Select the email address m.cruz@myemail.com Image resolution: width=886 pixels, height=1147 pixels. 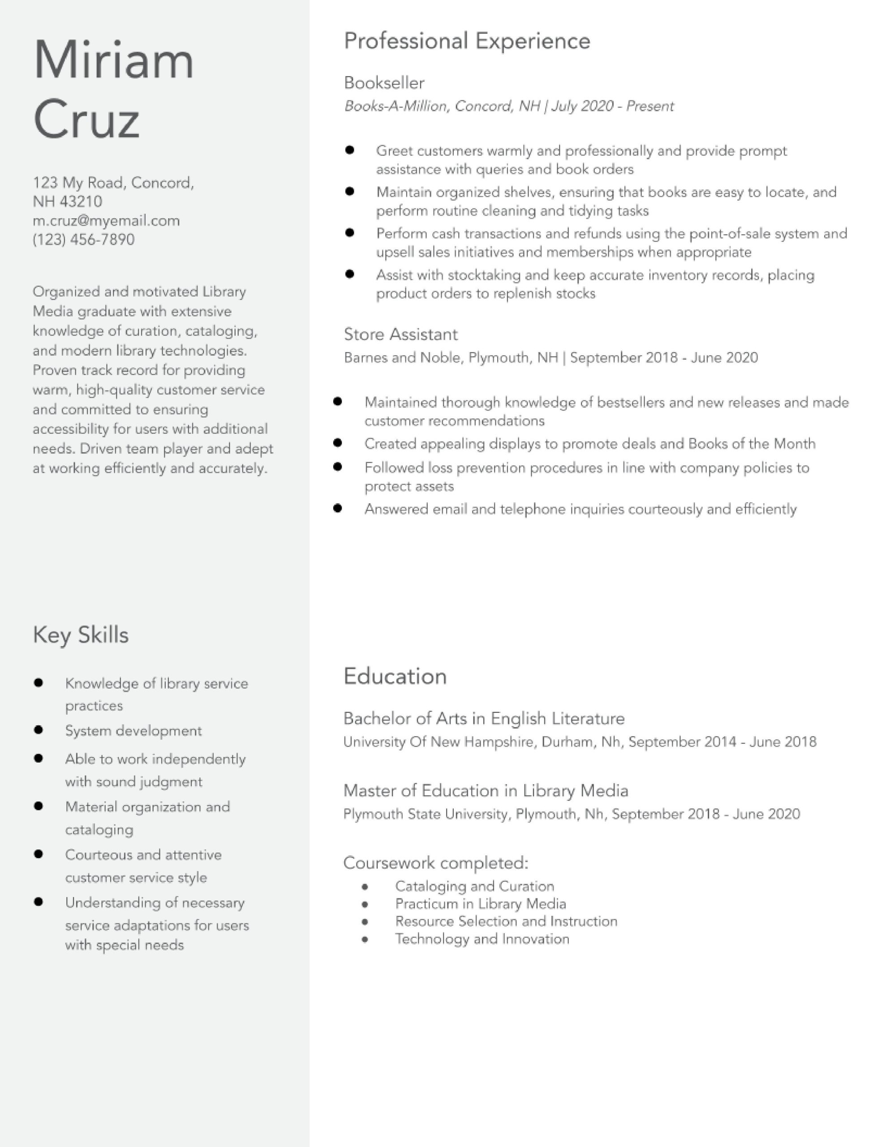point(106,220)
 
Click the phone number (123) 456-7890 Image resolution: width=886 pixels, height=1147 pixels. point(83,240)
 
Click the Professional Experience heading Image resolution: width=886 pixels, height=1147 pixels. point(467,41)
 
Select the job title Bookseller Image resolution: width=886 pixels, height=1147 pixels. point(384,83)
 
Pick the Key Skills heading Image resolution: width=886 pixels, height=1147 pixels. point(80,635)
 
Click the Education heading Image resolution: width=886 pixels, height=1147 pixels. point(395,677)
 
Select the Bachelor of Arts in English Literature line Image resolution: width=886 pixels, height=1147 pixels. point(484,719)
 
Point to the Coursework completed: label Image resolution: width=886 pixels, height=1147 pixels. point(435,863)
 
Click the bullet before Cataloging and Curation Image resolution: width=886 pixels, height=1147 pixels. point(365,887)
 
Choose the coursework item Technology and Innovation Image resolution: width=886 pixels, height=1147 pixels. point(482,939)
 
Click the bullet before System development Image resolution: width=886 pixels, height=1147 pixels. point(39,730)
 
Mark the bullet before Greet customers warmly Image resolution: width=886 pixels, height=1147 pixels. point(350,150)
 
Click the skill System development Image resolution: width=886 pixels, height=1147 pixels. point(133,731)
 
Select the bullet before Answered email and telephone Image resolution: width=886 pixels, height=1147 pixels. point(338,509)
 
